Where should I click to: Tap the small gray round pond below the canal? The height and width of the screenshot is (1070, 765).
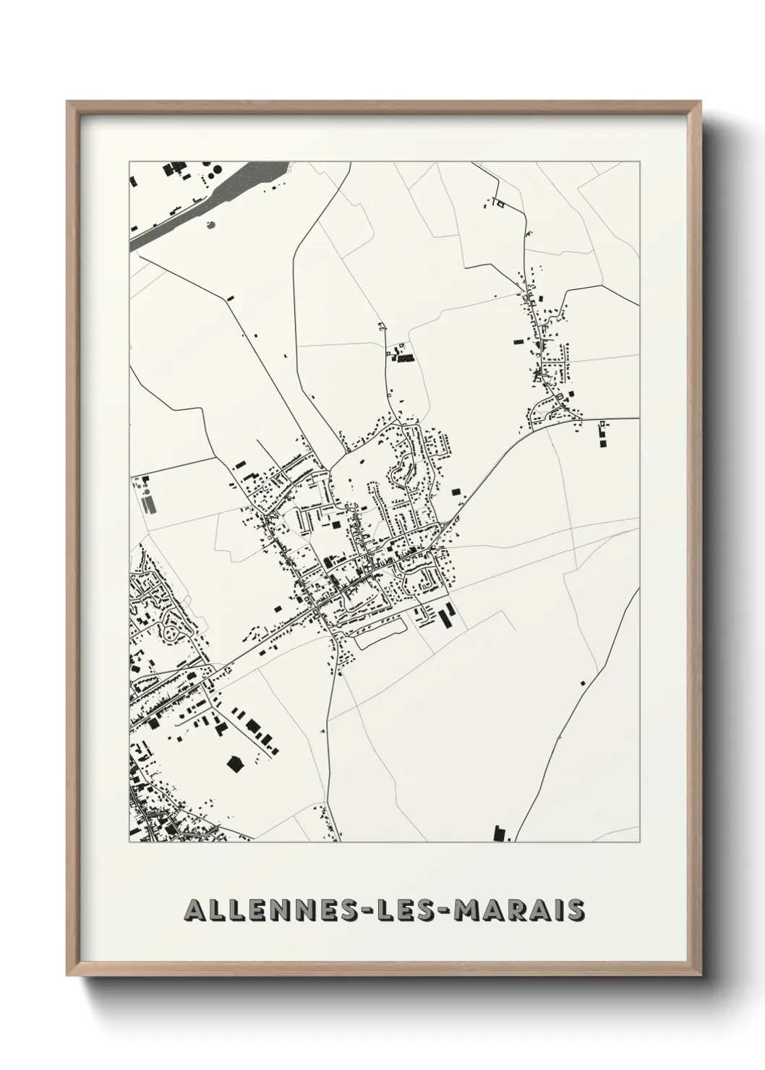(x=210, y=225)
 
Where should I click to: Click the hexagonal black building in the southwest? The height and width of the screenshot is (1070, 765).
(x=233, y=763)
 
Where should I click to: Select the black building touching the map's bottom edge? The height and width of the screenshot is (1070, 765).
(x=497, y=833)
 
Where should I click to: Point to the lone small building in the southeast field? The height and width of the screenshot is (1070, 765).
(x=582, y=682)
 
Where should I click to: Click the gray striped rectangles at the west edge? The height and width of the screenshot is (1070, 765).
(x=148, y=502)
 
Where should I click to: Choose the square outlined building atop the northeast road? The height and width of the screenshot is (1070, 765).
(x=498, y=205)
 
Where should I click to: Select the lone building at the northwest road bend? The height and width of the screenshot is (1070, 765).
(x=230, y=297)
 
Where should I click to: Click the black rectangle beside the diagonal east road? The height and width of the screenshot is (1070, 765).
(x=456, y=492)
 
